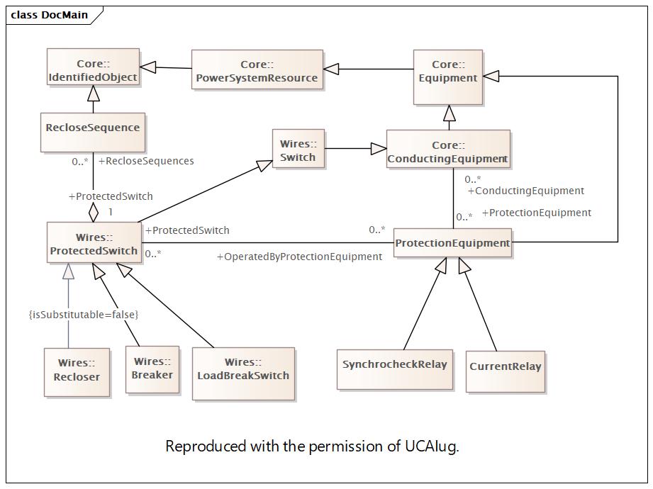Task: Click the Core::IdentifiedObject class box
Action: (x=93, y=69)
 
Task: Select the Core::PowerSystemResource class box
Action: (x=257, y=70)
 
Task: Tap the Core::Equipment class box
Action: (x=447, y=70)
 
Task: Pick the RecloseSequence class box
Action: (x=92, y=132)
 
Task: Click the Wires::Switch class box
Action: (x=298, y=150)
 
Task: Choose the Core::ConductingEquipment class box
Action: (x=448, y=151)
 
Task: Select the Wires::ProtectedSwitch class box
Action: (x=94, y=243)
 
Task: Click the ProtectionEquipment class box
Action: (x=452, y=243)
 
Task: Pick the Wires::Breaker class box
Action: (x=152, y=368)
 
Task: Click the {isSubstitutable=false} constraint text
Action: (x=83, y=314)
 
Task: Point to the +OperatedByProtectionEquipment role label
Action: (x=299, y=257)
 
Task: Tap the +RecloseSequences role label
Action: (x=146, y=161)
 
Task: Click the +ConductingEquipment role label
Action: (x=526, y=191)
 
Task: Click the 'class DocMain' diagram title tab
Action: (x=50, y=15)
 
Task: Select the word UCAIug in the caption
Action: (x=432, y=446)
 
